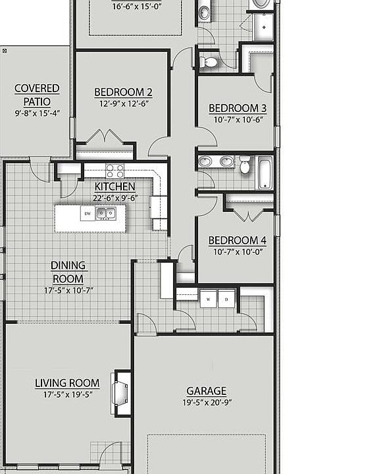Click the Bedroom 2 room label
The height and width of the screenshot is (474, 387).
[123, 92]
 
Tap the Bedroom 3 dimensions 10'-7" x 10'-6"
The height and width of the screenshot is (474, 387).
[238, 120]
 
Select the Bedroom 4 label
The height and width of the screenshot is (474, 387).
[238, 240]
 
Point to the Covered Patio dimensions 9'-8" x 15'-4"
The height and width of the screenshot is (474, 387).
[37, 113]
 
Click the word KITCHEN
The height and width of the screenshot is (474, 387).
[115, 186]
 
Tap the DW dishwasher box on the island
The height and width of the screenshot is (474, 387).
[88, 213]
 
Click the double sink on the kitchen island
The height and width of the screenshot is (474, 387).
[106, 213]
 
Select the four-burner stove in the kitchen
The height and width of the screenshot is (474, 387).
[115, 171]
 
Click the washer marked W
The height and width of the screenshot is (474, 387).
[208, 299]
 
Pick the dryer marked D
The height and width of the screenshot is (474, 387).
[226, 299]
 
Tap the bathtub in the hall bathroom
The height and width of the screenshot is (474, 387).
[265, 173]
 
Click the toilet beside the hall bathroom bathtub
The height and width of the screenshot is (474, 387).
[245, 165]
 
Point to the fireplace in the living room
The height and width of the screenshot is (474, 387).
[120, 393]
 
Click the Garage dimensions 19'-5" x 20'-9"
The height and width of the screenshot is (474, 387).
[207, 403]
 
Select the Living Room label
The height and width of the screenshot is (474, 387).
[67, 383]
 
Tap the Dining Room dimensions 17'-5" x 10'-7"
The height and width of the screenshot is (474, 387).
[68, 290]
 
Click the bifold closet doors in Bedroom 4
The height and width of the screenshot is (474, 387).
[248, 216]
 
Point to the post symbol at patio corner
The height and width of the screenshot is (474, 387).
[5, 51]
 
